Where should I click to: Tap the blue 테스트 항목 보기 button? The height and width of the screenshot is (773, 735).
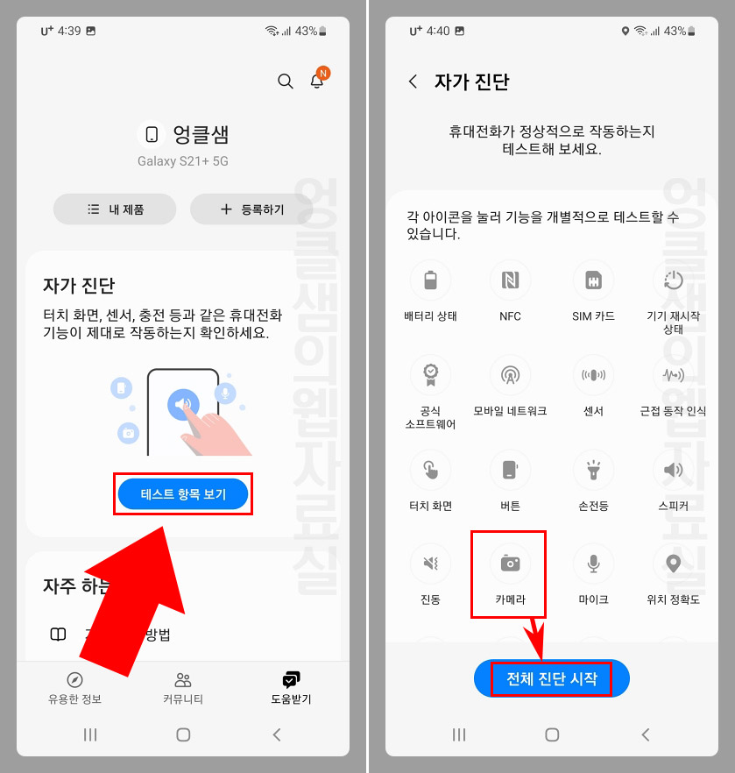pos(183,495)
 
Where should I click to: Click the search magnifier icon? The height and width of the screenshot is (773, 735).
pos(285,82)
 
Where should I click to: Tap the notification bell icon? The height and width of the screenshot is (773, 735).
pos(317,82)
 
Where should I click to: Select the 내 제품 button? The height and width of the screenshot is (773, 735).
pos(115,209)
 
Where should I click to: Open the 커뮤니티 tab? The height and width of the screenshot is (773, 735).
pos(183,688)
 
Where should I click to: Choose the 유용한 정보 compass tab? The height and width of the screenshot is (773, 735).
pos(74,688)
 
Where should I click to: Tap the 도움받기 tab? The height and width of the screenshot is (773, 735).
pos(291,688)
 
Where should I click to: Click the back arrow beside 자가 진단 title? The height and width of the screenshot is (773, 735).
pos(413,82)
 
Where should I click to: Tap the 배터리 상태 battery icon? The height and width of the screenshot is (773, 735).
pos(430,281)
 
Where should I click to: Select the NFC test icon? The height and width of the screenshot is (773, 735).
pos(510,281)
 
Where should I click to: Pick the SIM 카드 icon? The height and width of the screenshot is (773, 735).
pos(593,281)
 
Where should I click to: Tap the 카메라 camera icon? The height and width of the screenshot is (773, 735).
pos(510,564)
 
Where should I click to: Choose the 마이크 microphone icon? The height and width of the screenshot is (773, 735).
pos(593,564)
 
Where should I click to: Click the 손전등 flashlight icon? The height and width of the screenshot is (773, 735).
pos(593,470)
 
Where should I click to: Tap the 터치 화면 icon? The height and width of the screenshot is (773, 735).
pos(430,470)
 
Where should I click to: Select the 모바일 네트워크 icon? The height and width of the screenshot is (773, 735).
pos(510,375)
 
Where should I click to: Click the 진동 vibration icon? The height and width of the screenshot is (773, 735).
pos(430,564)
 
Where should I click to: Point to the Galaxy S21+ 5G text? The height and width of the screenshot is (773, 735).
pos(183,161)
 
